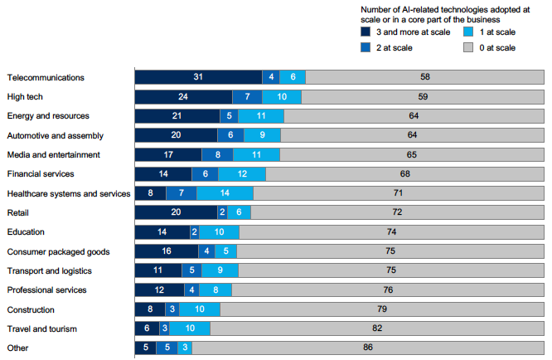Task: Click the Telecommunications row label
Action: pyautogui.click(x=46, y=77)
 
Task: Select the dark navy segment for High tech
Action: pyautogui.click(x=183, y=96)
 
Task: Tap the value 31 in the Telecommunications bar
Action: pyautogui.click(x=198, y=77)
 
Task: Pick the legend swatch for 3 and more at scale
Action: pyautogui.click(x=366, y=32)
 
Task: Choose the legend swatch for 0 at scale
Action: pyautogui.click(x=469, y=47)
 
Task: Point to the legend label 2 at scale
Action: pyautogui.click(x=394, y=47)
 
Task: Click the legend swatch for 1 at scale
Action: pyautogui.click(x=469, y=32)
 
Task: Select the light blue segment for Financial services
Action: pyautogui.click(x=243, y=174)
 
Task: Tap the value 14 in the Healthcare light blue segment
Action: pyautogui.click(x=225, y=193)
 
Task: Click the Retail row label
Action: pyautogui.click(x=19, y=212)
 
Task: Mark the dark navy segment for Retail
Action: pyautogui.click(x=176, y=212)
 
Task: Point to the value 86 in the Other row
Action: pyautogui.click(x=368, y=348)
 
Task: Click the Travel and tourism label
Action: pyautogui.click(x=41, y=328)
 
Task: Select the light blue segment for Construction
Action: pyautogui.click(x=200, y=309)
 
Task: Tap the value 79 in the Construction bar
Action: pyautogui.click(x=382, y=309)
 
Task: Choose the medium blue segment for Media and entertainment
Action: pyautogui.click(x=217, y=154)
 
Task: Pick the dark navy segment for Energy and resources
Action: pyautogui.click(x=177, y=116)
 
